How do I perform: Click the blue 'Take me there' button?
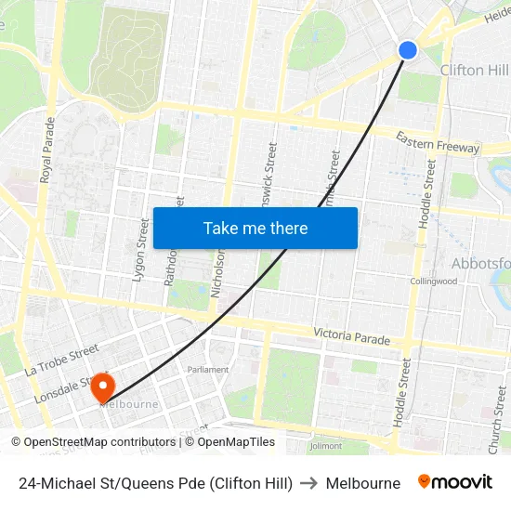(x=255, y=228)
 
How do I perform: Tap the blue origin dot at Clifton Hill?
(x=408, y=50)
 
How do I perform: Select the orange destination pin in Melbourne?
(x=101, y=387)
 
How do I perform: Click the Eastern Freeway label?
(x=438, y=142)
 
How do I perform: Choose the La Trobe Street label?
(x=61, y=359)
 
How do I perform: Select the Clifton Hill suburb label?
(x=474, y=71)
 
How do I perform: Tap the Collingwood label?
(x=434, y=282)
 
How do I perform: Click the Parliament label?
(x=208, y=370)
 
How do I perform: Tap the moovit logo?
(x=455, y=482)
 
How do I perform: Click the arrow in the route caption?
(x=309, y=483)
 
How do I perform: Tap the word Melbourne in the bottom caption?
(x=363, y=483)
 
